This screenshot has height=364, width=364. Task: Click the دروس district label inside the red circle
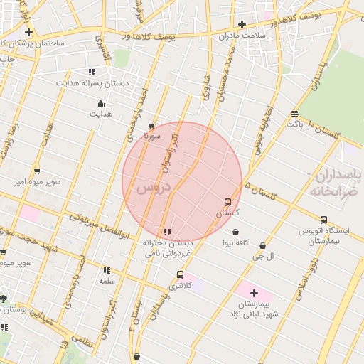click(x=154, y=188)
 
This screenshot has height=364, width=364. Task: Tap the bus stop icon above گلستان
click(x=227, y=202)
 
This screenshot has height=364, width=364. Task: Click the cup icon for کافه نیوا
click(x=236, y=232)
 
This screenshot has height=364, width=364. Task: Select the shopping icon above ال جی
click(x=263, y=245)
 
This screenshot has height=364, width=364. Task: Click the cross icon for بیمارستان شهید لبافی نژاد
click(x=254, y=292)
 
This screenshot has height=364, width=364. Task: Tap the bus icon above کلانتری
click(x=179, y=274)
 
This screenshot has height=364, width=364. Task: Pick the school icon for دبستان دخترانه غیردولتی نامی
click(x=167, y=232)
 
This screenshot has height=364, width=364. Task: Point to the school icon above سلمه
click(x=107, y=270)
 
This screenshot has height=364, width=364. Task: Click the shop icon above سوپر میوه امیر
click(x=37, y=171)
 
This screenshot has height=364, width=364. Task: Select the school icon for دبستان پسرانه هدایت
click(x=92, y=72)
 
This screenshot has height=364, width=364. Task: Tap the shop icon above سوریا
click(x=151, y=125)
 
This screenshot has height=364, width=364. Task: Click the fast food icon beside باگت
click(x=294, y=114)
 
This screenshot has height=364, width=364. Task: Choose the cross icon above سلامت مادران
click(x=242, y=24)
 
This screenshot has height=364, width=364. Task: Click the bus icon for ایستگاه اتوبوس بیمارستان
click(x=324, y=220)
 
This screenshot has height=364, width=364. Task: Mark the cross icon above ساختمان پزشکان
click(x=28, y=32)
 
